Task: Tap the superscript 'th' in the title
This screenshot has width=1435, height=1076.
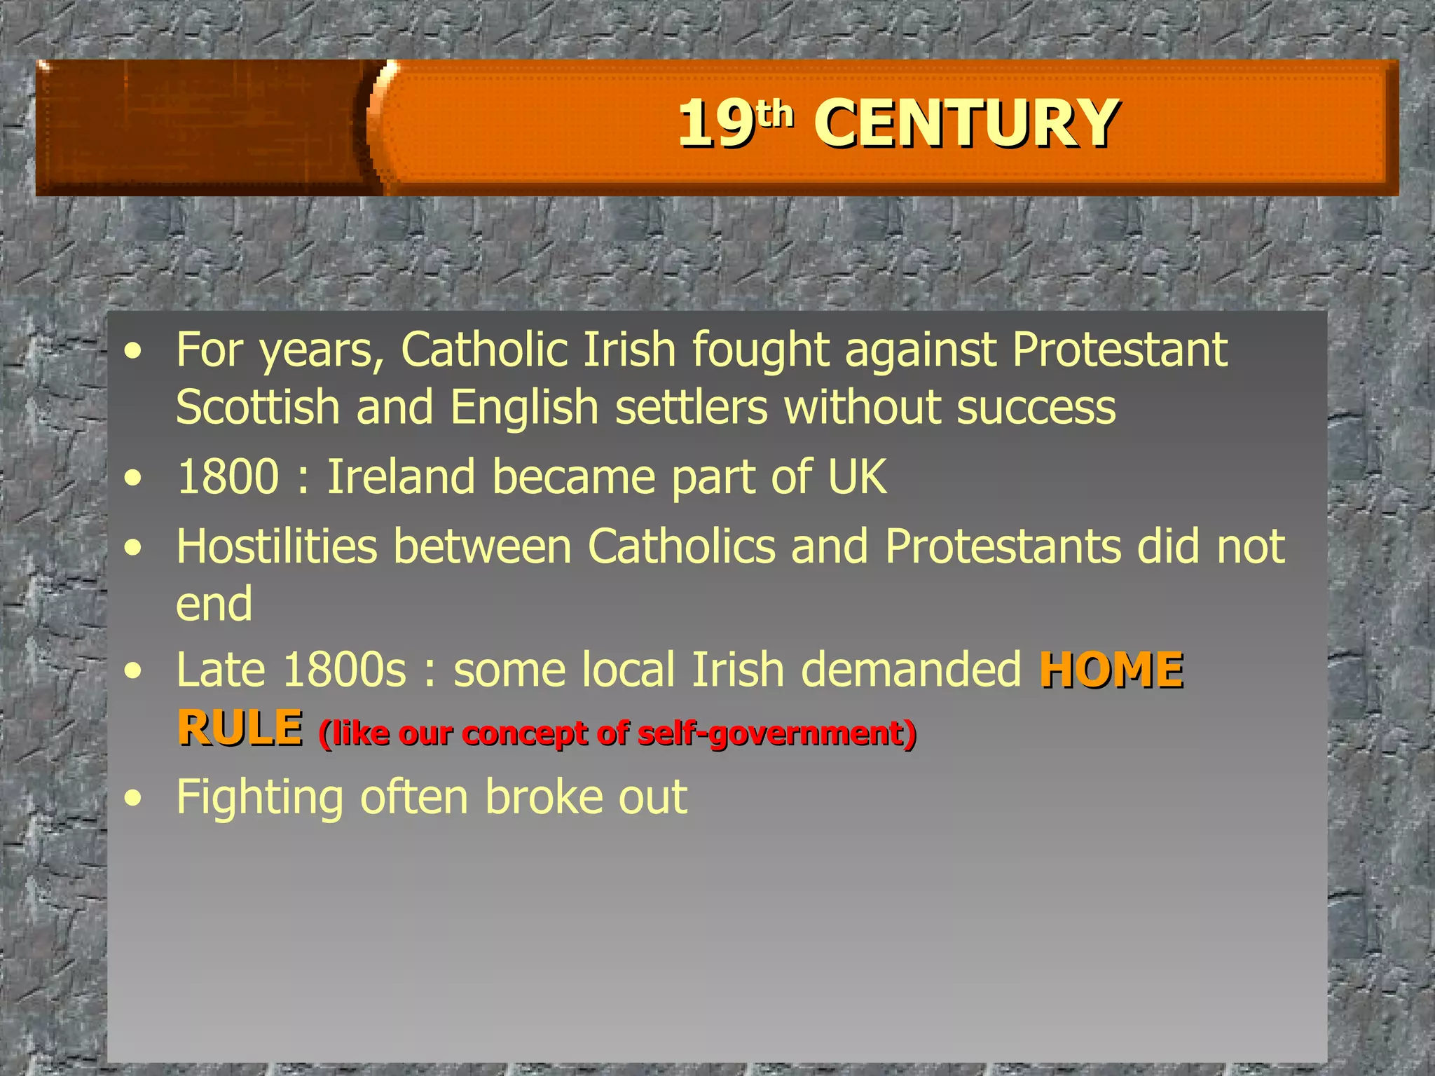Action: [x=776, y=113]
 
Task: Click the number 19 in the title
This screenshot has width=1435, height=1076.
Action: [x=715, y=124]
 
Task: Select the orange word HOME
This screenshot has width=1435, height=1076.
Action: [x=1111, y=670]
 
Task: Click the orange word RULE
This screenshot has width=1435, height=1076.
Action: [x=240, y=728]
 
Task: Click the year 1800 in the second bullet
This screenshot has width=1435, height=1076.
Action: [x=228, y=477]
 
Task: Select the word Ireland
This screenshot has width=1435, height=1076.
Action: [x=401, y=477]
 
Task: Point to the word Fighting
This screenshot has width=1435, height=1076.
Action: [x=260, y=798]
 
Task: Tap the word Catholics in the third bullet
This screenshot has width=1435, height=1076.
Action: [x=682, y=546]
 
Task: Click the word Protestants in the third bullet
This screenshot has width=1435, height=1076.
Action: [x=1003, y=546]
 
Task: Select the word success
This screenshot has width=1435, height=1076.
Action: [x=1036, y=408]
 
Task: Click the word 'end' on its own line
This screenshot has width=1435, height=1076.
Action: [x=214, y=605]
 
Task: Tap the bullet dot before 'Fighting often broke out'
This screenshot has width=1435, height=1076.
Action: [x=133, y=799]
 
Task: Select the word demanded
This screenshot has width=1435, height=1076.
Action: [x=911, y=670]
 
